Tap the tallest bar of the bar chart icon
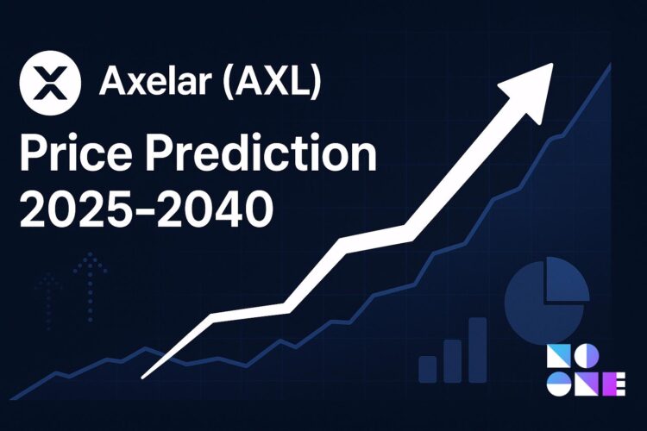click(x=477, y=348)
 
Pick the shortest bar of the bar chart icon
click(x=428, y=368)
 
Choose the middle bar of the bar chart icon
click(x=453, y=359)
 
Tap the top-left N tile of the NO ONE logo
click(x=560, y=359)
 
